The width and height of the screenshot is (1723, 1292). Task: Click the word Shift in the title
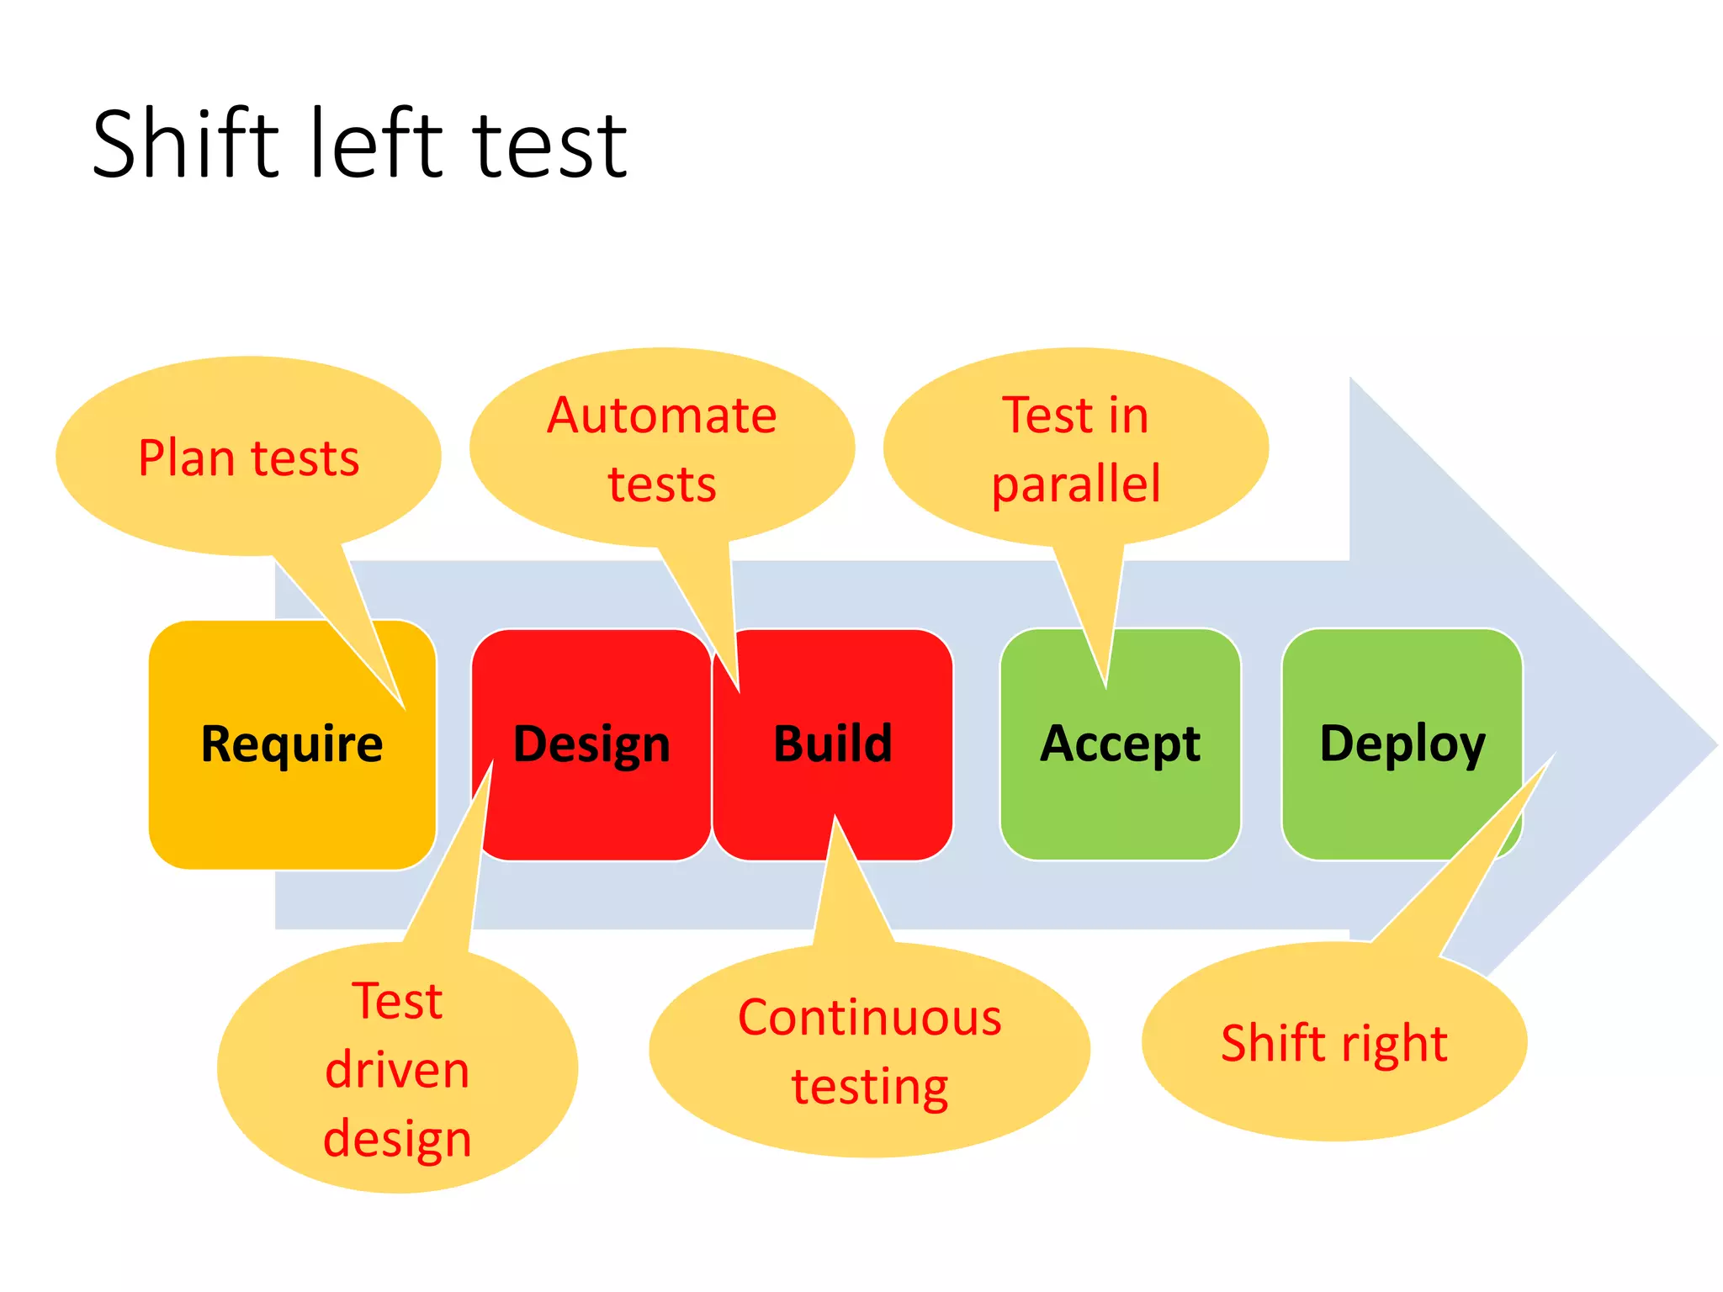[x=184, y=145]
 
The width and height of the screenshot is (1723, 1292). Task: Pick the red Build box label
[x=832, y=744]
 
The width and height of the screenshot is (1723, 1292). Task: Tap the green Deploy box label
[x=1402, y=744]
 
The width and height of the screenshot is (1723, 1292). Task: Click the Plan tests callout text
[x=249, y=458]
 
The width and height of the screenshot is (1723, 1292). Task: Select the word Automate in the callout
[x=662, y=416]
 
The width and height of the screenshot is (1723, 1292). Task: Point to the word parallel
[x=1076, y=484]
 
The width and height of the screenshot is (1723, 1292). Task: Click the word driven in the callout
[x=397, y=1070]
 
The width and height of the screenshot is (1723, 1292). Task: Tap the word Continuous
[x=870, y=1018]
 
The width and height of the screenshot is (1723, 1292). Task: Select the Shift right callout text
[x=1334, y=1043]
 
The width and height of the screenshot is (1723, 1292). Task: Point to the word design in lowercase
[x=397, y=1139]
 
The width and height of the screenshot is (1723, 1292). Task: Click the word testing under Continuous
[x=870, y=1087]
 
